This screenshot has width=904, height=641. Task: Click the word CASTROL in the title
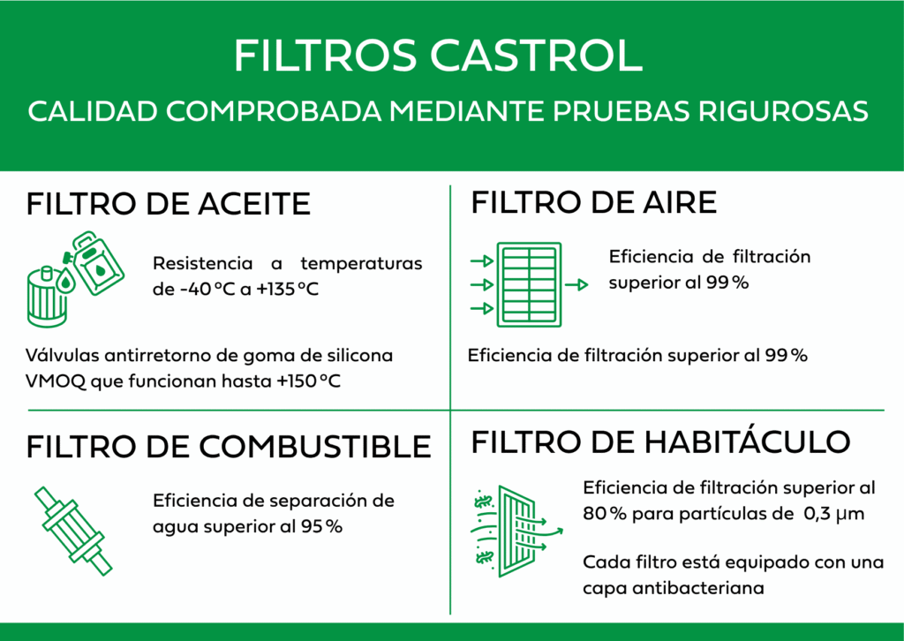click(x=536, y=56)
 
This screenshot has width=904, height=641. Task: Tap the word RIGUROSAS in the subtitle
click(x=784, y=111)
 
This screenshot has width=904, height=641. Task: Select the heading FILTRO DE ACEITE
click(x=169, y=204)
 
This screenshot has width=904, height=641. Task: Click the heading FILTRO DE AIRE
click(x=594, y=202)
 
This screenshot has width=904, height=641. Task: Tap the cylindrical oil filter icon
click(x=48, y=297)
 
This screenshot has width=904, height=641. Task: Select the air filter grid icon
click(x=530, y=285)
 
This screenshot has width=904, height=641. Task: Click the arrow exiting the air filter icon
click(x=576, y=285)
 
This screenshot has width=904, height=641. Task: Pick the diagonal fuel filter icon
click(x=73, y=531)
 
